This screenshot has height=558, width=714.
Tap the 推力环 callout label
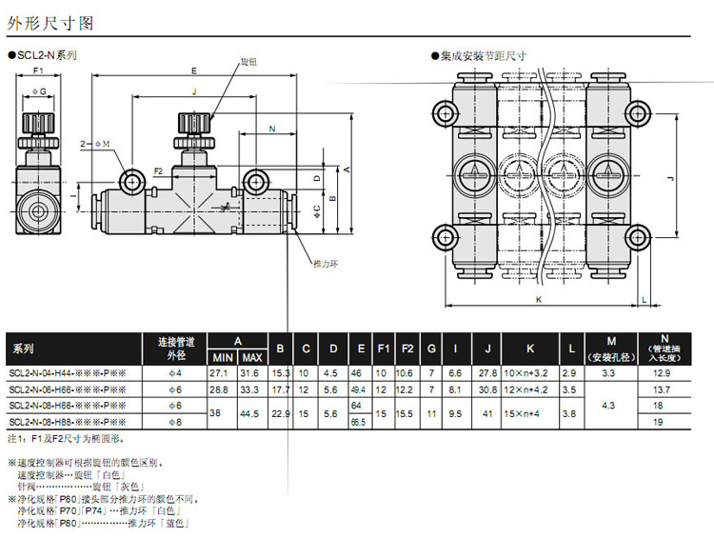tap(326, 261)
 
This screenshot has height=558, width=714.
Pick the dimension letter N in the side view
tap(271, 128)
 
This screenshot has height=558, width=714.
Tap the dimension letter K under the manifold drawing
tap(537, 299)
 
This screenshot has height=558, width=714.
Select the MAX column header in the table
tap(252, 357)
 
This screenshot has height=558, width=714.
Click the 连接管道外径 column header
tap(174, 348)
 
